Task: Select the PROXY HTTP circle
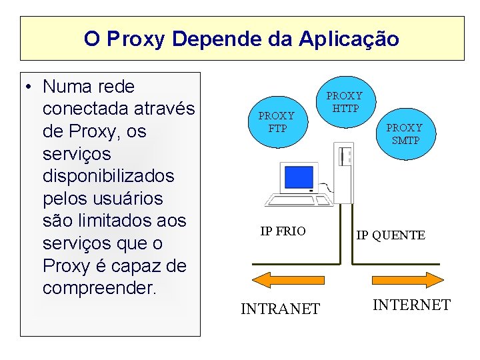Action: click(x=344, y=102)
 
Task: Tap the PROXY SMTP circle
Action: click(x=404, y=133)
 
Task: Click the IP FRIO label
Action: click(x=283, y=231)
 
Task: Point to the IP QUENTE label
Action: click(x=390, y=235)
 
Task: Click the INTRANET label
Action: click(x=280, y=309)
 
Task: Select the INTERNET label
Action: click(x=411, y=305)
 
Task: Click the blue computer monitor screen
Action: click(x=299, y=176)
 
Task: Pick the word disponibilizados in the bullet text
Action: click(x=108, y=177)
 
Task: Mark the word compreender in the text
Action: click(x=98, y=288)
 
